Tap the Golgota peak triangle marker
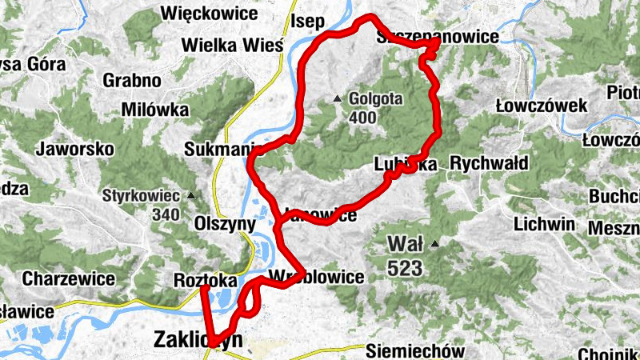click(337, 100)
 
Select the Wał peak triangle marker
click(434, 243)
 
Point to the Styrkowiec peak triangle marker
click(190, 195)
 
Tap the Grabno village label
click(132, 81)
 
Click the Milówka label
click(155, 110)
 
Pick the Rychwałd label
click(489, 164)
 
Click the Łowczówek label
click(542, 106)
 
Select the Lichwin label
click(545, 224)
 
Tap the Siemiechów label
click(415, 350)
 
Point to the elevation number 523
click(408, 270)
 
